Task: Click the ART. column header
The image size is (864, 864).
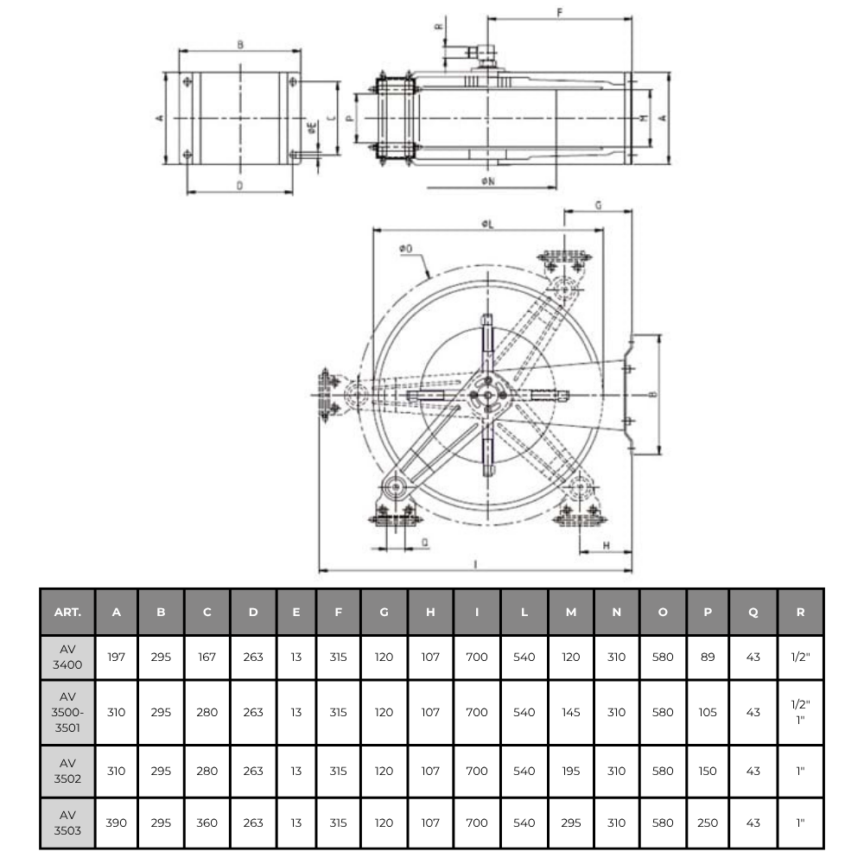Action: pyautogui.click(x=67, y=612)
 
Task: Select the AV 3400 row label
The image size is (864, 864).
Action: pyautogui.click(x=67, y=658)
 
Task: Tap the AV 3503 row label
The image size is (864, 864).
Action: pyautogui.click(x=67, y=823)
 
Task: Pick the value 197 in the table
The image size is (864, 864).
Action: pyautogui.click(x=117, y=658)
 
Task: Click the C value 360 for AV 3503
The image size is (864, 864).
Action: pyautogui.click(x=207, y=823)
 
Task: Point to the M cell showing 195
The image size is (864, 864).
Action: pyautogui.click(x=570, y=771)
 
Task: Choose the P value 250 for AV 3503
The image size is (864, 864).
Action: pyautogui.click(x=708, y=823)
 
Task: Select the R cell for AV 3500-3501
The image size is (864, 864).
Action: pyautogui.click(x=800, y=713)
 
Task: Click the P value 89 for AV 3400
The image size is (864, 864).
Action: pyautogui.click(x=708, y=658)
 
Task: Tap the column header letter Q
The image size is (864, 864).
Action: pyautogui.click(x=753, y=612)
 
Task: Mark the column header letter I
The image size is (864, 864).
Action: pyautogui.click(x=477, y=612)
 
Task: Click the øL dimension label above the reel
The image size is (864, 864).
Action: pyautogui.click(x=488, y=224)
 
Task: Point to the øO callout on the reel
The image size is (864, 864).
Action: pyautogui.click(x=405, y=249)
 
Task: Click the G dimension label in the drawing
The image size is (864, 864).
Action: pyautogui.click(x=598, y=204)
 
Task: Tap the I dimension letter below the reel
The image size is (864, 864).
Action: pyautogui.click(x=476, y=563)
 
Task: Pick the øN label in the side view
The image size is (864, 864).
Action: pyautogui.click(x=488, y=181)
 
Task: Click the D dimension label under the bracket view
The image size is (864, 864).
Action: pyautogui.click(x=239, y=185)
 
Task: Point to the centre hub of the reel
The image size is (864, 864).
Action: pyautogui.click(x=487, y=395)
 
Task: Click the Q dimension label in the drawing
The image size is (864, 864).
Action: pyautogui.click(x=424, y=542)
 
